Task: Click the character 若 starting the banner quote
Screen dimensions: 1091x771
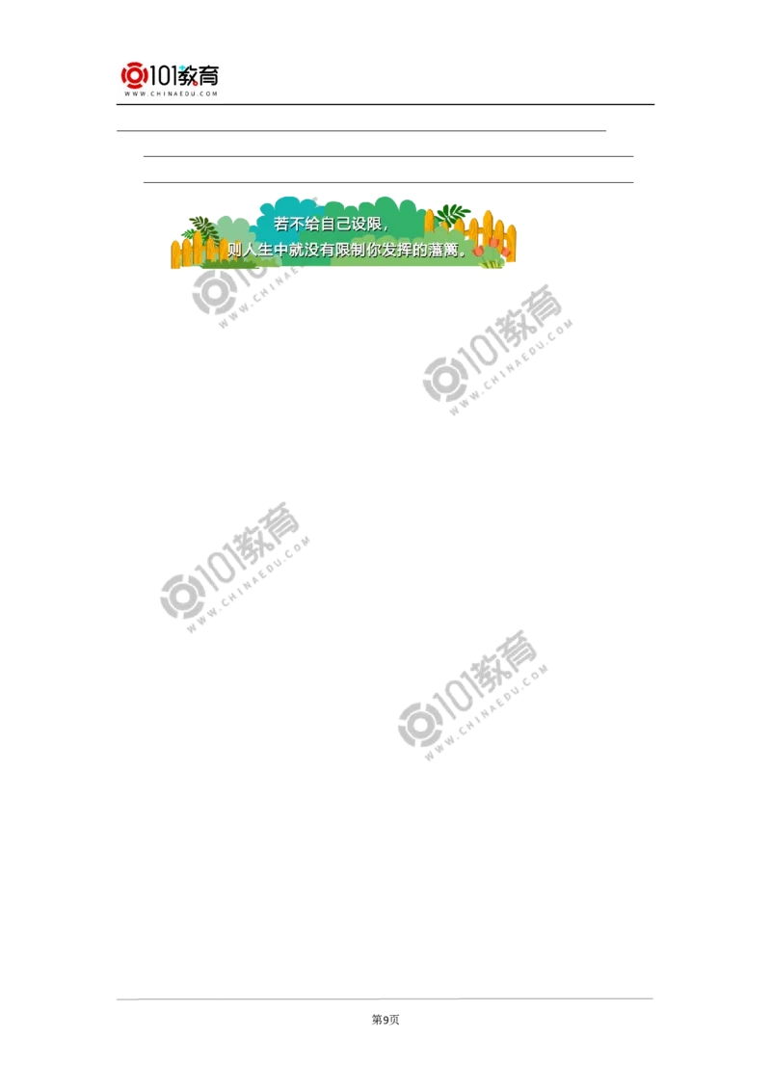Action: click(281, 224)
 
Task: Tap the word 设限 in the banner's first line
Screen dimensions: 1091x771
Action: click(368, 224)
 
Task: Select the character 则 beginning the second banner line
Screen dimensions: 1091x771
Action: click(233, 250)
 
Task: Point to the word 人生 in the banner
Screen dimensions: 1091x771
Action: click(258, 250)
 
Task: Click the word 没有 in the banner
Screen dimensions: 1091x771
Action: click(323, 250)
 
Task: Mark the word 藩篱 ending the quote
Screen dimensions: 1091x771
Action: click(451, 250)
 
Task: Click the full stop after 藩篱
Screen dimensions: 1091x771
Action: click(469, 253)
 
